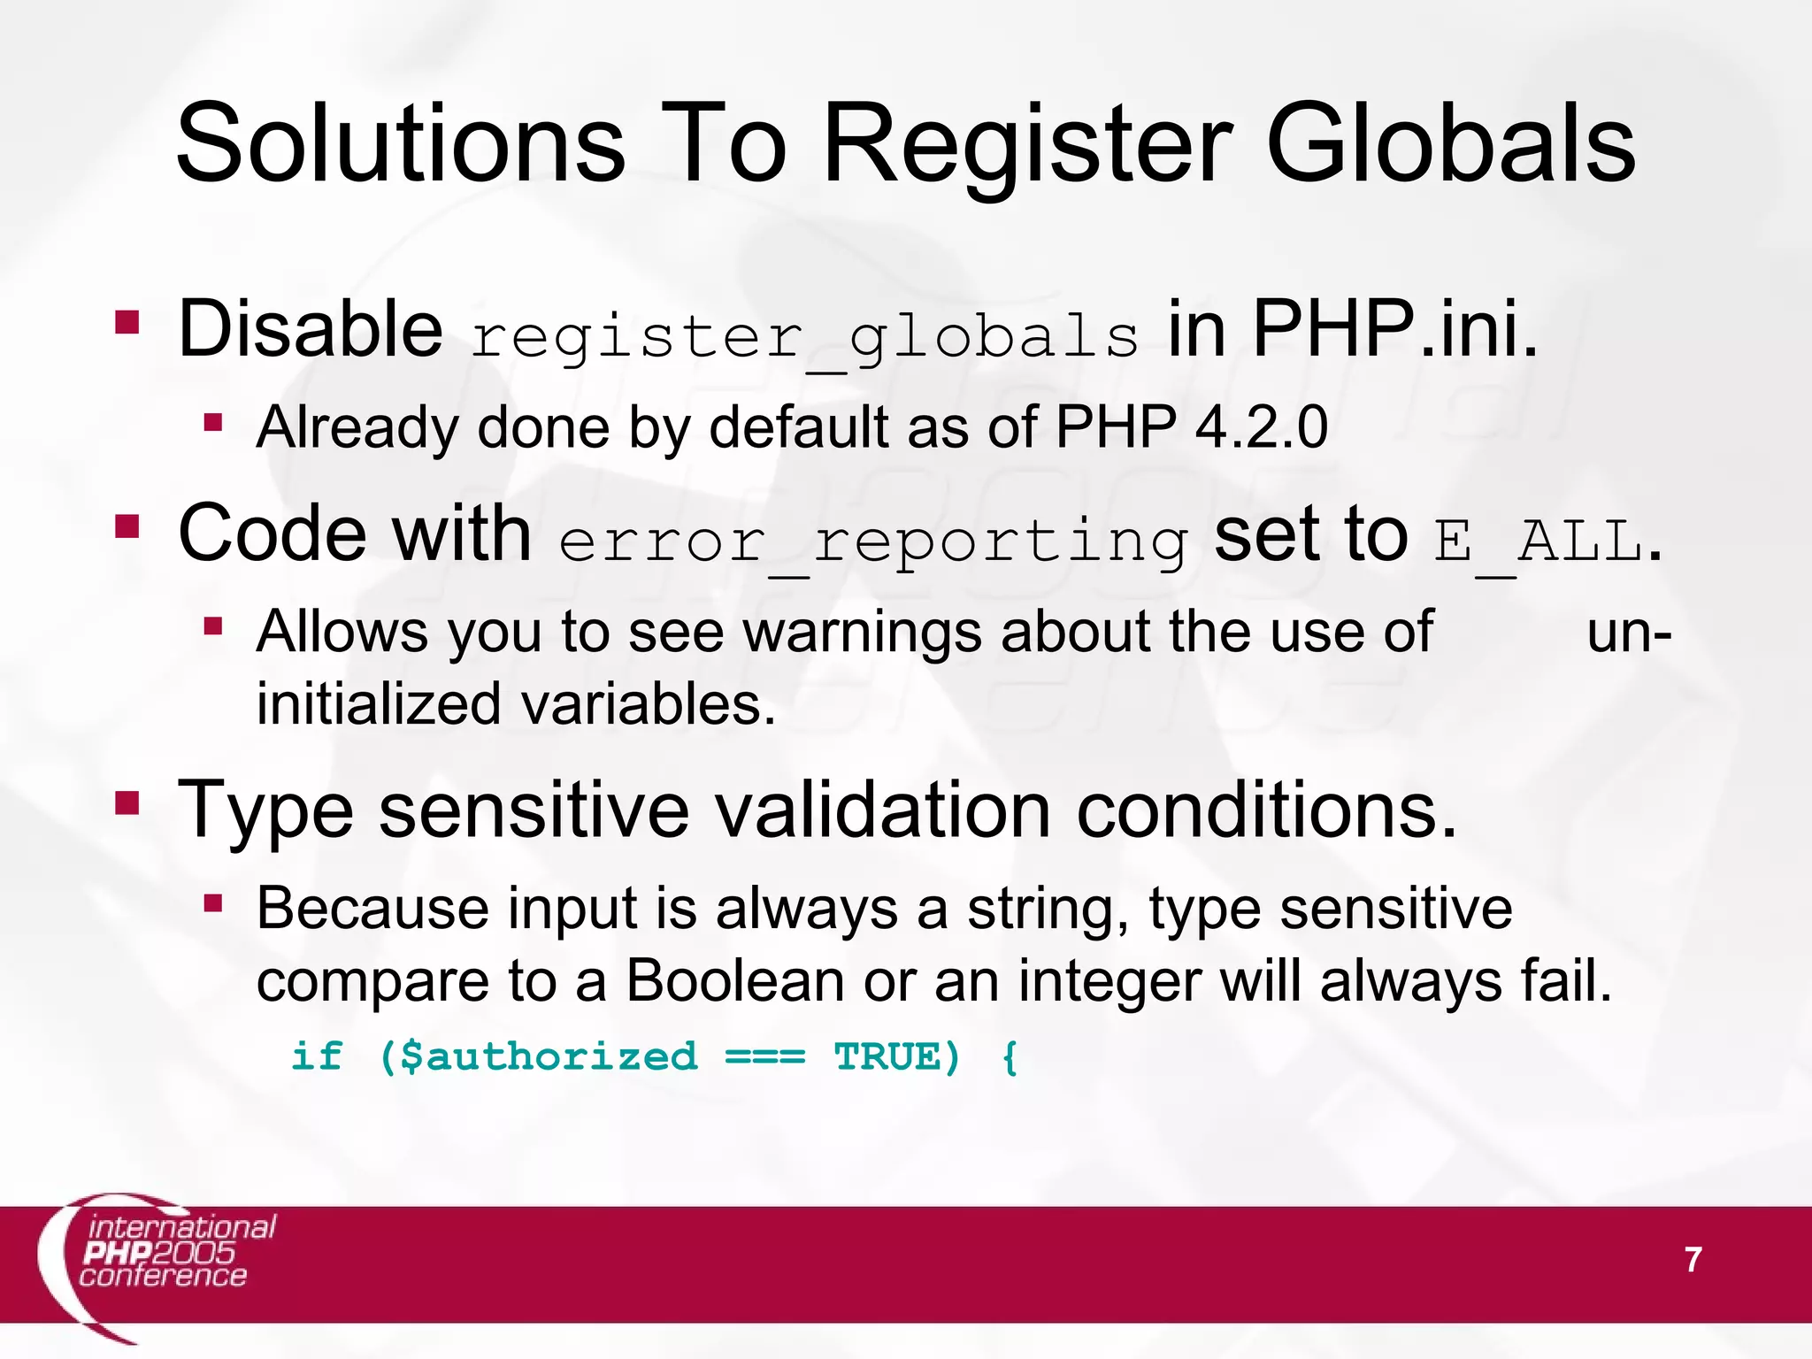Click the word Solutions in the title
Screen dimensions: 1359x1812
[401, 143]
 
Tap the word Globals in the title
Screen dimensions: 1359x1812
[1450, 143]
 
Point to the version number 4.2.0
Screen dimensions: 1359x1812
[1261, 427]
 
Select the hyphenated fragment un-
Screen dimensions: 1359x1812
[1629, 633]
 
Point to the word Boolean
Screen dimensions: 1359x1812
[734, 981]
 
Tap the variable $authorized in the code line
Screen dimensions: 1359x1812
[549, 1057]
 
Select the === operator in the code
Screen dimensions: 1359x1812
[764, 1057]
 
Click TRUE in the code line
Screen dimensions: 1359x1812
[887, 1057]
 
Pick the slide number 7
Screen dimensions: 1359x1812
[1693, 1260]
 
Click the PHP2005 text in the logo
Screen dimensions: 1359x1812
[159, 1253]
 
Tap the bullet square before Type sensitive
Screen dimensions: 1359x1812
[127, 802]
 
